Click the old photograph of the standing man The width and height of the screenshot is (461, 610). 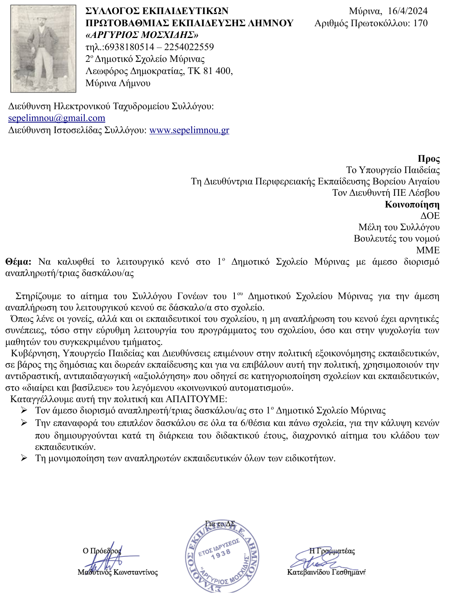[x=43, y=49]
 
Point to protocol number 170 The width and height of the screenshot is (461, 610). [x=420, y=23]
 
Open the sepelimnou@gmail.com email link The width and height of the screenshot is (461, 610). [x=57, y=118]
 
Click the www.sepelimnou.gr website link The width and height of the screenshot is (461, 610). [x=189, y=130]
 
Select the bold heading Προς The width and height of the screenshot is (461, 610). [x=429, y=159]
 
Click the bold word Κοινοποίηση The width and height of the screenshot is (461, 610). [x=412, y=204]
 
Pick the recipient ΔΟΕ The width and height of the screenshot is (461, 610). [x=430, y=216]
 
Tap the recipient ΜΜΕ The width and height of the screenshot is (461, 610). [x=428, y=250]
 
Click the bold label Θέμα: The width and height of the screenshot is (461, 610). [x=18, y=262]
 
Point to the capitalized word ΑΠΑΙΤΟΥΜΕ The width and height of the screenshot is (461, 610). [x=196, y=399]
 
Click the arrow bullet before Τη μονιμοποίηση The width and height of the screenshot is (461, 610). [x=24, y=458]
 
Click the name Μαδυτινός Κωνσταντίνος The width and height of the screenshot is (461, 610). [x=117, y=572]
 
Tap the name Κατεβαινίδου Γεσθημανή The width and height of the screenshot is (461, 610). [x=326, y=572]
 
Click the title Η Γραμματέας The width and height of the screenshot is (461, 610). [x=332, y=551]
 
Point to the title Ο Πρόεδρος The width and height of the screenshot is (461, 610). [x=102, y=551]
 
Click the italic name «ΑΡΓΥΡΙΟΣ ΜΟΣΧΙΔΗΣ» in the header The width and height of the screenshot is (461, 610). [x=142, y=35]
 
